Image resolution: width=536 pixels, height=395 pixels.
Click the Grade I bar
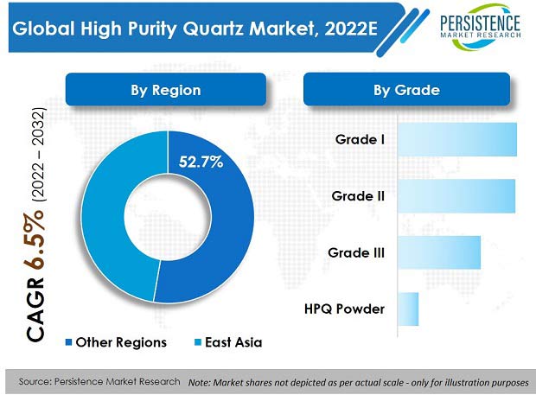pos(457,139)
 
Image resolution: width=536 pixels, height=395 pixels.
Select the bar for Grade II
pos(456,196)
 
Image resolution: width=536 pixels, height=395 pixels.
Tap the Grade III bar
pos(439,252)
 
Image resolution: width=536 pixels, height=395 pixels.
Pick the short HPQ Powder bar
pos(408,309)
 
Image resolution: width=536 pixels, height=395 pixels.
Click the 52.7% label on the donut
pos(201,162)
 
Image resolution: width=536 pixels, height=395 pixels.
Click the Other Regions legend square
pos(68,342)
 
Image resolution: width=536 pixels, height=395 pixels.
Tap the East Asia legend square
pos(198,342)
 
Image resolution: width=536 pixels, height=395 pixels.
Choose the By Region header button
pos(166,90)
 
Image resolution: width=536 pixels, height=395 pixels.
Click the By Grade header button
pos(407,90)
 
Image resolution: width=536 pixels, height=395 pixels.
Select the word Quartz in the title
pos(213,29)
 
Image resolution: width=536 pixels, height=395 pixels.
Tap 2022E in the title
pos(351,29)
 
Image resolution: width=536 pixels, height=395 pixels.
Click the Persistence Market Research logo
pos(480,27)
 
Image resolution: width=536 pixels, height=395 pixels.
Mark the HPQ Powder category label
pos(344,309)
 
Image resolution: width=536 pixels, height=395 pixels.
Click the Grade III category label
pos(356,252)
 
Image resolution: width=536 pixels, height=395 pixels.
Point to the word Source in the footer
pos(35,381)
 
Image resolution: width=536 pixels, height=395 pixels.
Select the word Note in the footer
pos(198,382)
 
